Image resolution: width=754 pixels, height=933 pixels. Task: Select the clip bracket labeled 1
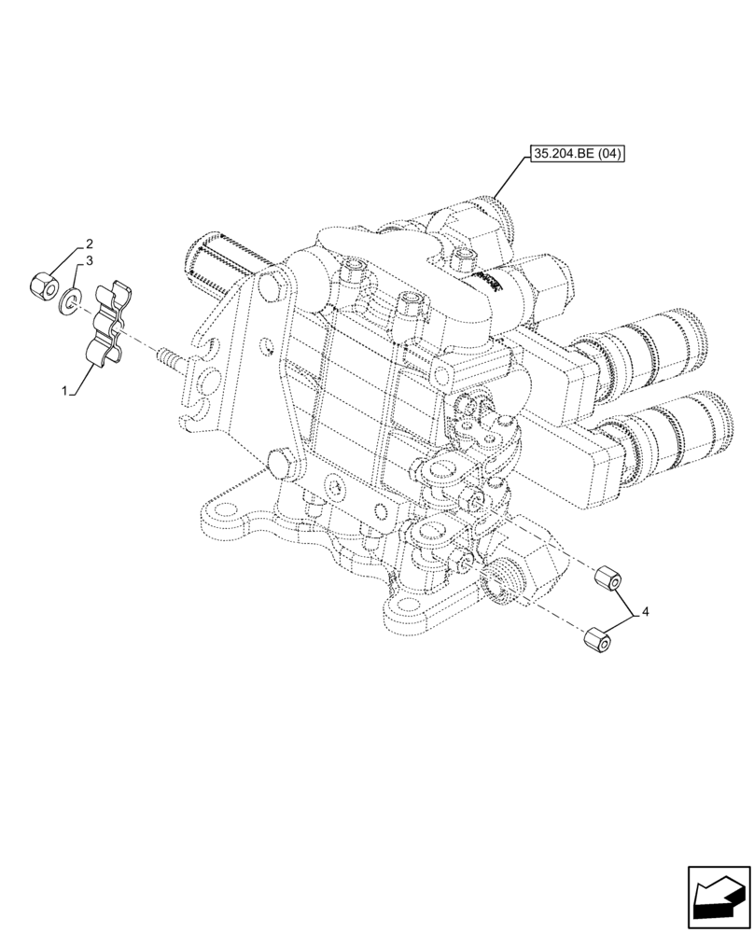[x=108, y=323]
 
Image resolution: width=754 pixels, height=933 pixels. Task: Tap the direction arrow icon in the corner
[x=718, y=897]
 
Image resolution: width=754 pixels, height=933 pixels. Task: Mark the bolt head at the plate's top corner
[x=271, y=285]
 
